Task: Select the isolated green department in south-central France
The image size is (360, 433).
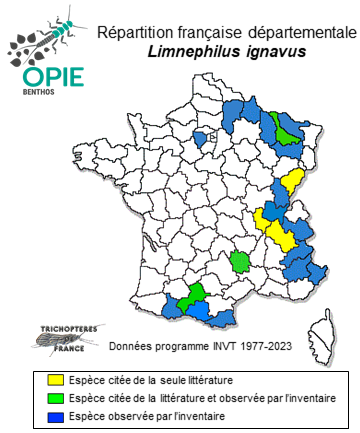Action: tap(240, 262)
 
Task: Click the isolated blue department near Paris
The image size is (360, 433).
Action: tap(199, 138)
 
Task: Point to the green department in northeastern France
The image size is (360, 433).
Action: tap(288, 129)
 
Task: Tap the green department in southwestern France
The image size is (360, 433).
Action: tap(194, 291)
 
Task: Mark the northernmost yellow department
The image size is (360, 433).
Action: tap(294, 180)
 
